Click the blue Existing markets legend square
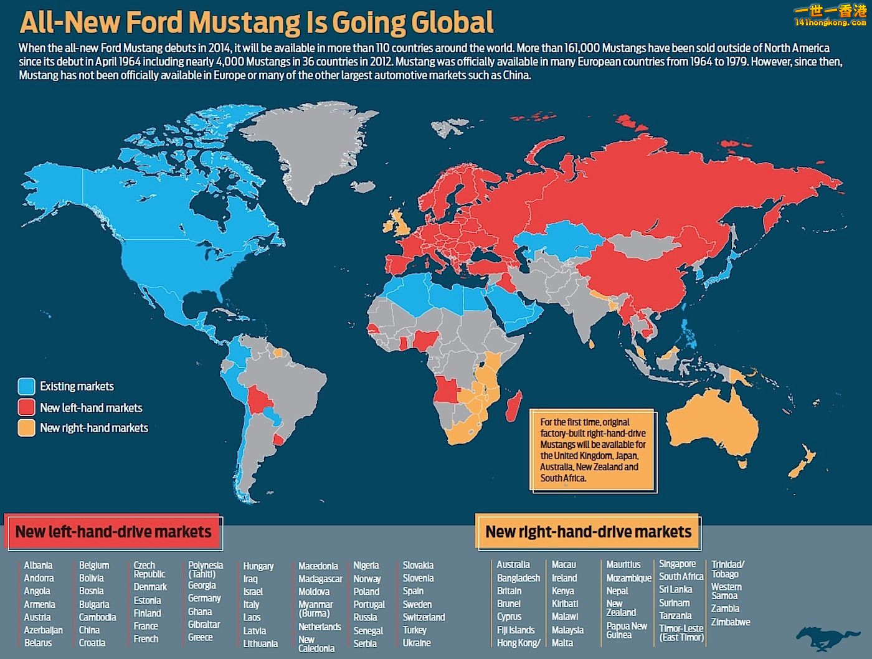26,386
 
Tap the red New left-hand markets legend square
26,407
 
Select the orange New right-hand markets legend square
26,428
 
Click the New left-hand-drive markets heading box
113,532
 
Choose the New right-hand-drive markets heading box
588,532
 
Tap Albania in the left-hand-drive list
38,566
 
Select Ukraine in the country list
417,643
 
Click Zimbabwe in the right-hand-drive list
731,622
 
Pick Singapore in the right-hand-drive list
678,564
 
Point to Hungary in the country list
258,566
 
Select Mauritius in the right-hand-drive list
623,564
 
